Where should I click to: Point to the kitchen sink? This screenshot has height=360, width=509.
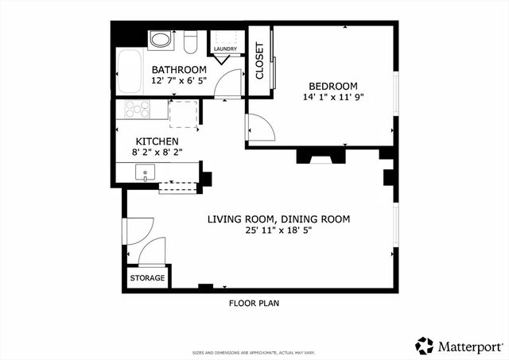coord(146,172)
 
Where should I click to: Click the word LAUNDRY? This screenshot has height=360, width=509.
coord(225,49)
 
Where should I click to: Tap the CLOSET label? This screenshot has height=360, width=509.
coord(259,61)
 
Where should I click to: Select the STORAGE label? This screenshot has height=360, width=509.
coord(148,278)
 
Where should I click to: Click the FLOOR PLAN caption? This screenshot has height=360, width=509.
coord(254,303)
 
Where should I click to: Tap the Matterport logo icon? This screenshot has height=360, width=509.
coord(425,345)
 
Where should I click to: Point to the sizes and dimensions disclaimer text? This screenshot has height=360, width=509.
coord(254,352)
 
